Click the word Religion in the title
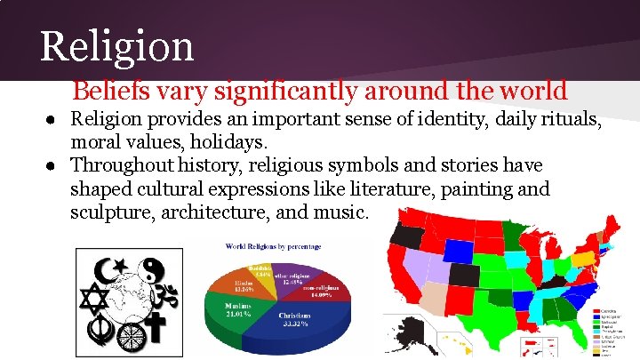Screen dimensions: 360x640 [x=116, y=45]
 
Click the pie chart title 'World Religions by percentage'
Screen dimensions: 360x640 [x=273, y=245]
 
